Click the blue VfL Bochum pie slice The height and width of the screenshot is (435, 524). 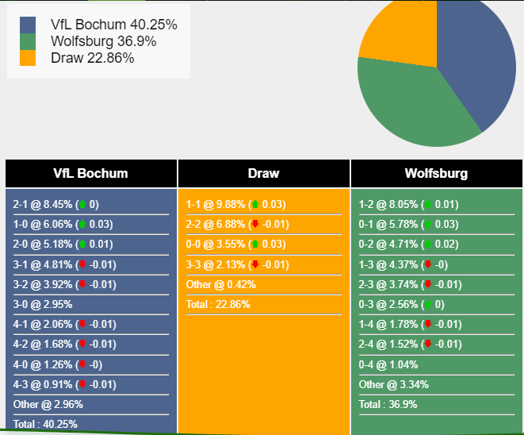click(x=476, y=56)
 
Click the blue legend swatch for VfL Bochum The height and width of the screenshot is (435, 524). click(x=28, y=25)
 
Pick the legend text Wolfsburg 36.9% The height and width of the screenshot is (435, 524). click(x=103, y=41)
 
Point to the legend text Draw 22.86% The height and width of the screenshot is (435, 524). click(x=92, y=58)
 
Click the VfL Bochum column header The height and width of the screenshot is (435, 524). click(x=90, y=173)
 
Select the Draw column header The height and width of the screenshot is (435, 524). click(x=263, y=173)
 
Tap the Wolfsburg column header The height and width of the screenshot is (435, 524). click(x=436, y=173)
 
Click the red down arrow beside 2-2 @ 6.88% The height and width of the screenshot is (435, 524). click(x=254, y=225)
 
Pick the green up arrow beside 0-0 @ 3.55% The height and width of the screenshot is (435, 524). click(x=254, y=244)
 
